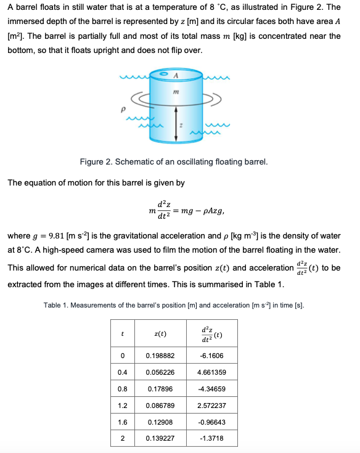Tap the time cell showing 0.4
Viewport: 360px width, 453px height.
[123, 372]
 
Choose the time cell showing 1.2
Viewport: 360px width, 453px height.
[123, 406]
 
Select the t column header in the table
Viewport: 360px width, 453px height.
[123, 333]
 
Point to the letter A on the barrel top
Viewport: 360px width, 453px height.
[176, 76]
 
